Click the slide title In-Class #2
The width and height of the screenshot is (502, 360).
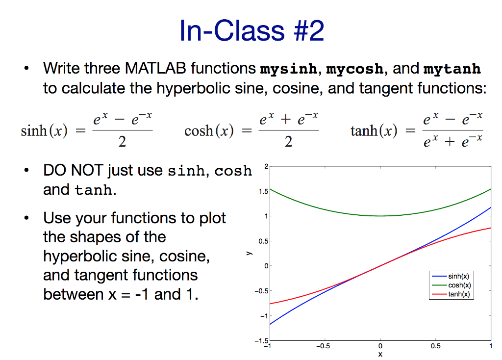pyautogui.click(x=251, y=31)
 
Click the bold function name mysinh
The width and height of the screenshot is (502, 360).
pyautogui.click(x=288, y=69)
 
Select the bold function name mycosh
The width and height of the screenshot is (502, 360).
pyautogui.click(x=355, y=69)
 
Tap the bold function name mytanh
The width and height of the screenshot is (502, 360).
pyautogui.click(x=452, y=69)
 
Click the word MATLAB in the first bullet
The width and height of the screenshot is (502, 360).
pyautogui.click(x=155, y=68)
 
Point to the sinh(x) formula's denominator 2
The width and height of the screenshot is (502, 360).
pyautogui.click(x=122, y=142)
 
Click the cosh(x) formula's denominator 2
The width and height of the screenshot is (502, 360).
pyautogui.click(x=288, y=142)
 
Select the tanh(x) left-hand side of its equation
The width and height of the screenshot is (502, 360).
pyautogui.click(x=374, y=130)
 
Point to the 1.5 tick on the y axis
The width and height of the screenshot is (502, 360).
pyautogui.click(x=264, y=192)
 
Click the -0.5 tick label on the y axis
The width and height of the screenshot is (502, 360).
pyautogui.click(x=262, y=291)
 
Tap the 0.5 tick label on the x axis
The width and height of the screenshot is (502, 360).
pyautogui.click(x=435, y=346)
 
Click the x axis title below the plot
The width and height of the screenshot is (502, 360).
pyautogui.click(x=380, y=354)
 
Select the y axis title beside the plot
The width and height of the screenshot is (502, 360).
pyautogui.click(x=249, y=254)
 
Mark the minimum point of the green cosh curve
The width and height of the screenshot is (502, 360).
pyautogui.click(x=380, y=216)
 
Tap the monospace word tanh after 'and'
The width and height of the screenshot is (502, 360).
pyautogui.click(x=94, y=190)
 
